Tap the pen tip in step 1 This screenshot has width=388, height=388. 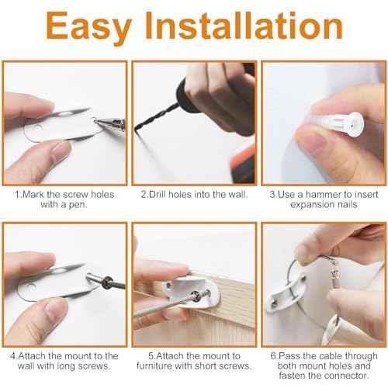coord(96,120)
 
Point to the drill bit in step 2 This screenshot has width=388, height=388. coord(156,116)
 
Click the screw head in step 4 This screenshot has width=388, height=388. coord(106,282)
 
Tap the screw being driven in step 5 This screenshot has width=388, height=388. coord(203,295)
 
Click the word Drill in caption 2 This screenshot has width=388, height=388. coord(154,194)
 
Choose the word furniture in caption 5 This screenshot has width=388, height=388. coord(153,366)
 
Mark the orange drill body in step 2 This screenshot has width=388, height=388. coord(242,165)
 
